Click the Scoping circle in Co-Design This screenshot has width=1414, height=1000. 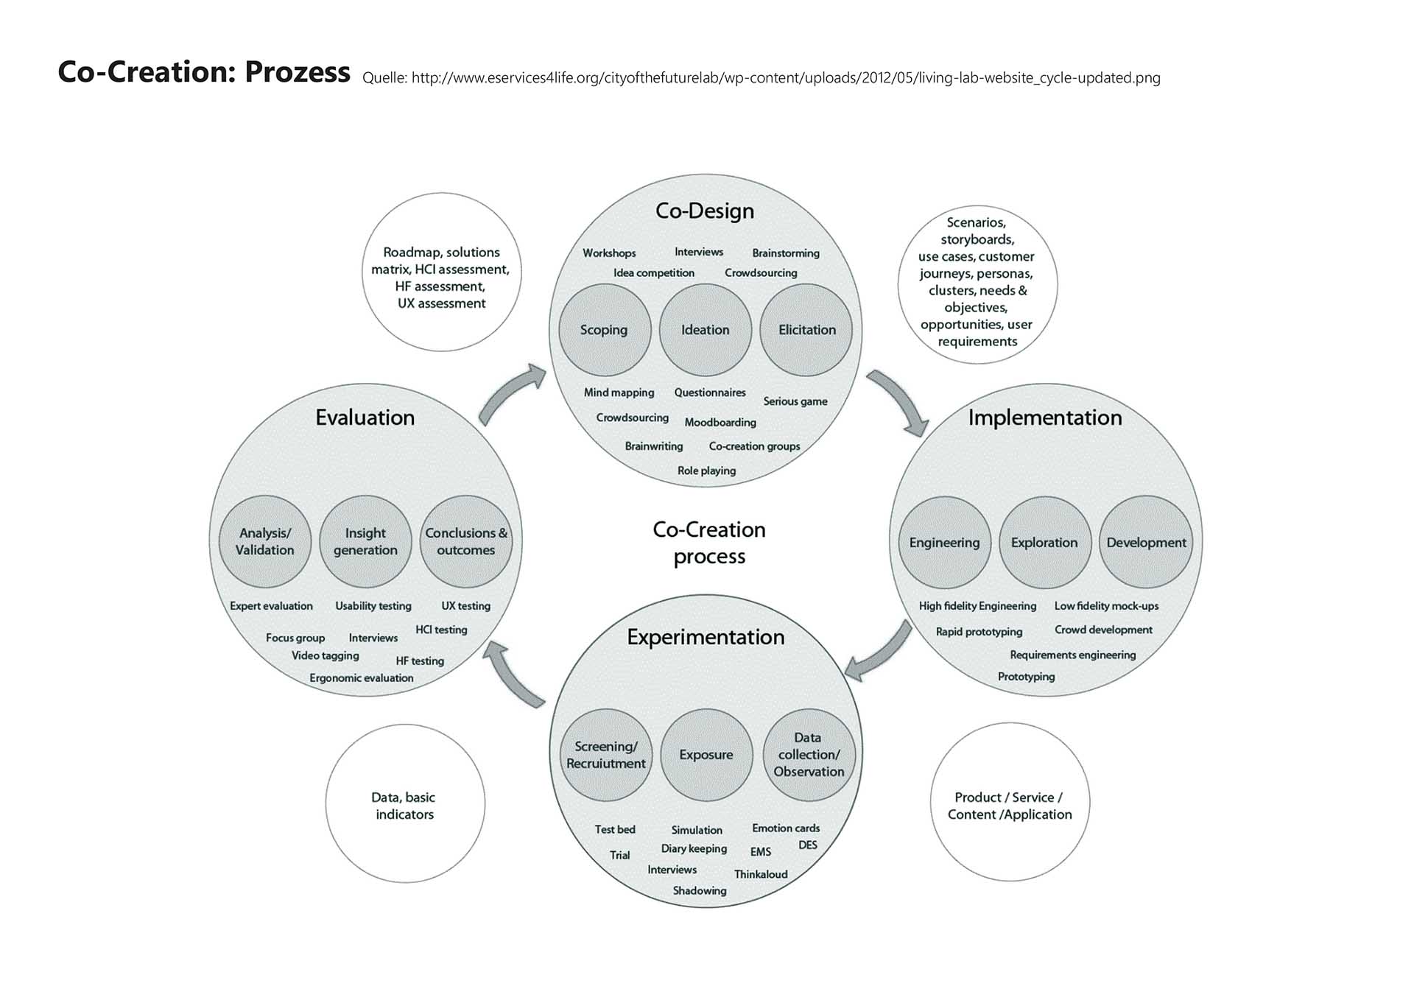click(x=604, y=330)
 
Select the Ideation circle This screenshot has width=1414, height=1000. click(x=705, y=330)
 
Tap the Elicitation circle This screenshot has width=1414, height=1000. click(x=806, y=330)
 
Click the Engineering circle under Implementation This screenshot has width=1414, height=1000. click(x=944, y=543)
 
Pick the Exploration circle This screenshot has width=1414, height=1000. click(x=1044, y=543)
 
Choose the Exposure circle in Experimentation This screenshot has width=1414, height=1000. click(x=706, y=755)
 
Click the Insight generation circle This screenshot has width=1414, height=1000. click(x=365, y=541)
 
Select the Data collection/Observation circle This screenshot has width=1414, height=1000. click(x=809, y=755)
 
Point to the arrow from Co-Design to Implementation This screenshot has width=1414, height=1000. click(x=898, y=401)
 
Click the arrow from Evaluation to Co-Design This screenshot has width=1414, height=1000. click(x=511, y=394)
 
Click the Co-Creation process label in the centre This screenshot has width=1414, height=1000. click(x=709, y=543)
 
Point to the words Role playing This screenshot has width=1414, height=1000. click(x=706, y=471)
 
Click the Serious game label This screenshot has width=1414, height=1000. click(x=795, y=401)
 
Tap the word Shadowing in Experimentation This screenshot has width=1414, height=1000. click(x=699, y=890)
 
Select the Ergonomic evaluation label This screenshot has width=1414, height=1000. click(x=361, y=677)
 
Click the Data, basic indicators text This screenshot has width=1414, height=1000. click(x=404, y=806)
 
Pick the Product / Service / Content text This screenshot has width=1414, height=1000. click(x=1009, y=806)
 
